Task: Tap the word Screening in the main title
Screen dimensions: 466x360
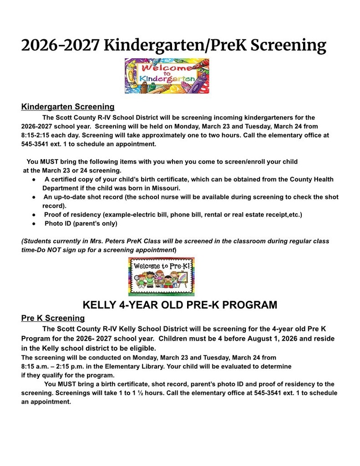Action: pyautogui.click(x=289, y=46)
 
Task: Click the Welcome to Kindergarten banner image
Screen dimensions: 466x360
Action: pyautogui.click(x=167, y=76)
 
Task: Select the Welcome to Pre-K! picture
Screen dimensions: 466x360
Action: pyautogui.click(x=161, y=277)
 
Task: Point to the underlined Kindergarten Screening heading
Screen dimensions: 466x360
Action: pyautogui.click(x=68, y=107)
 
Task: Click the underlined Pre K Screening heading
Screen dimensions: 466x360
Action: pyautogui.click(x=53, y=318)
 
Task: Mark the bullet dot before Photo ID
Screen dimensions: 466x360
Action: pyautogui.click(x=34, y=224)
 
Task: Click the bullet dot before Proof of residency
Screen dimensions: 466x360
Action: pyautogui.click(x=34, y=215)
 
